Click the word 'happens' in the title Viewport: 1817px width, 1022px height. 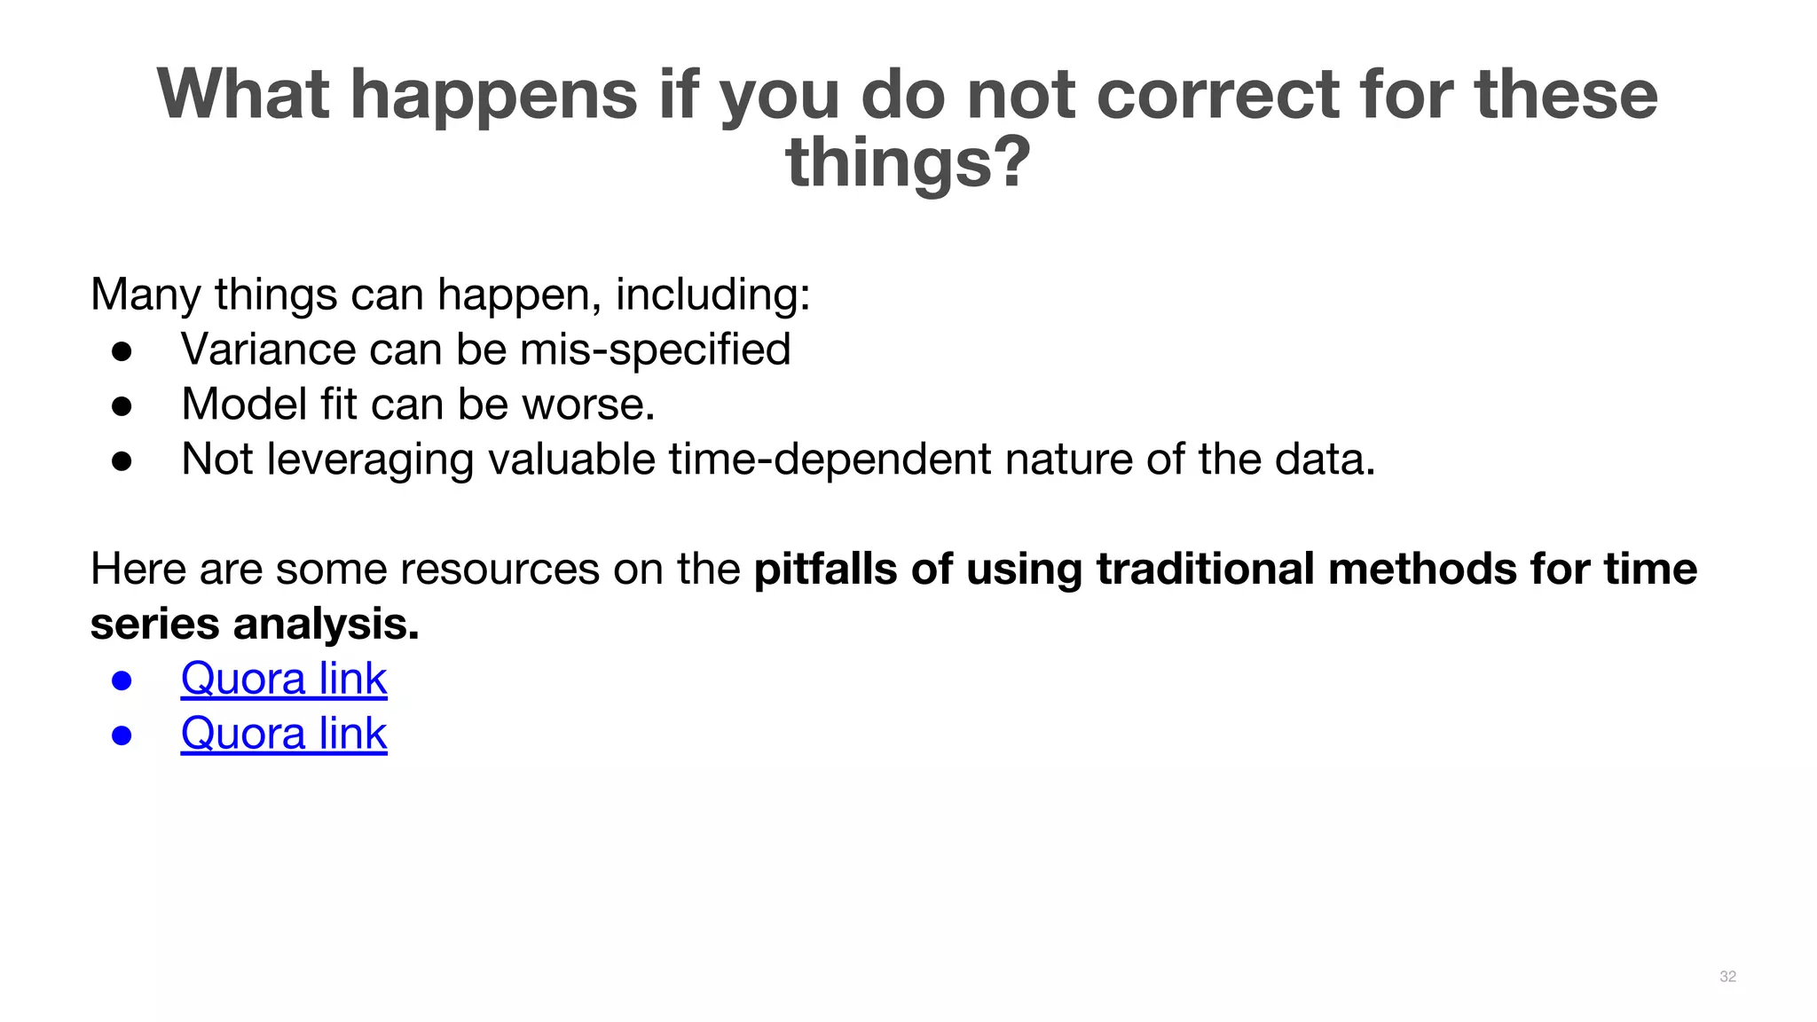(493, 95)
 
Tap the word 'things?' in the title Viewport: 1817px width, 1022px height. (908, 163)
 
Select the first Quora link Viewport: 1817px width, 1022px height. (284, 680)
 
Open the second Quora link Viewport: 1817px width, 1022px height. (284, 735)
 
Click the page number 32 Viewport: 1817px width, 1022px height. (1727, 977)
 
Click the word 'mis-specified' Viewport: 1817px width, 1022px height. (655, 350)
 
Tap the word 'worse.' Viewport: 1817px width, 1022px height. (588, 405)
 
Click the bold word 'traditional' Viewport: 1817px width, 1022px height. (1205, 570)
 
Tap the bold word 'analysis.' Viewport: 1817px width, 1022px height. (326, 625)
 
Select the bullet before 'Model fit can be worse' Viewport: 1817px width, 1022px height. (122, 406)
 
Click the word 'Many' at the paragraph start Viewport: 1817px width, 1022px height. (145, 295)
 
